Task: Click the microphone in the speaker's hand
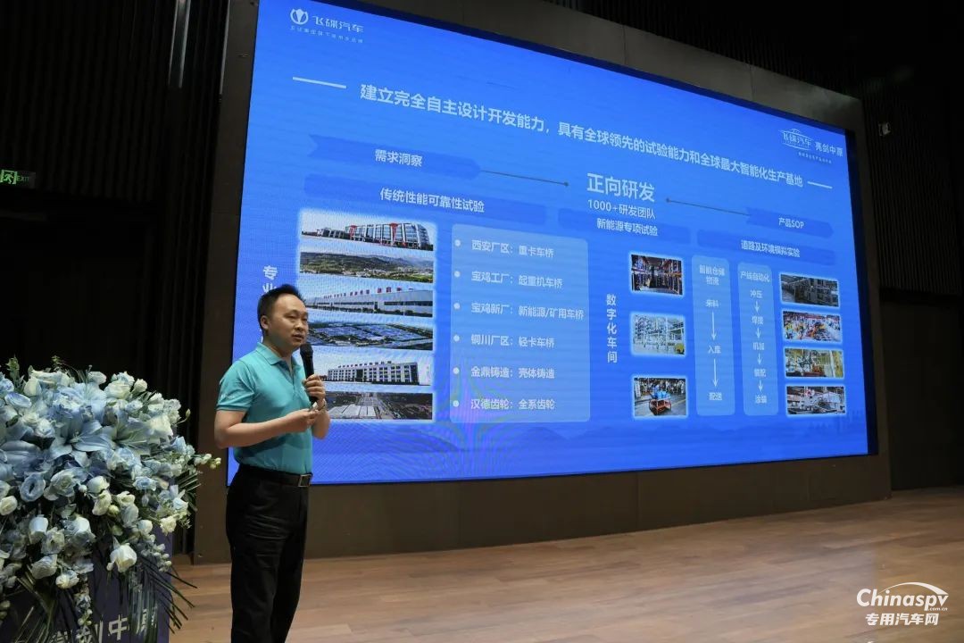click(307, 359)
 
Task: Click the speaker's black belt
click(278, 476)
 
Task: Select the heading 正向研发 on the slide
click(620, 188)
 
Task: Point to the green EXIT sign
click(15, 177)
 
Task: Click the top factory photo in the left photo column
click(367, 233)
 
